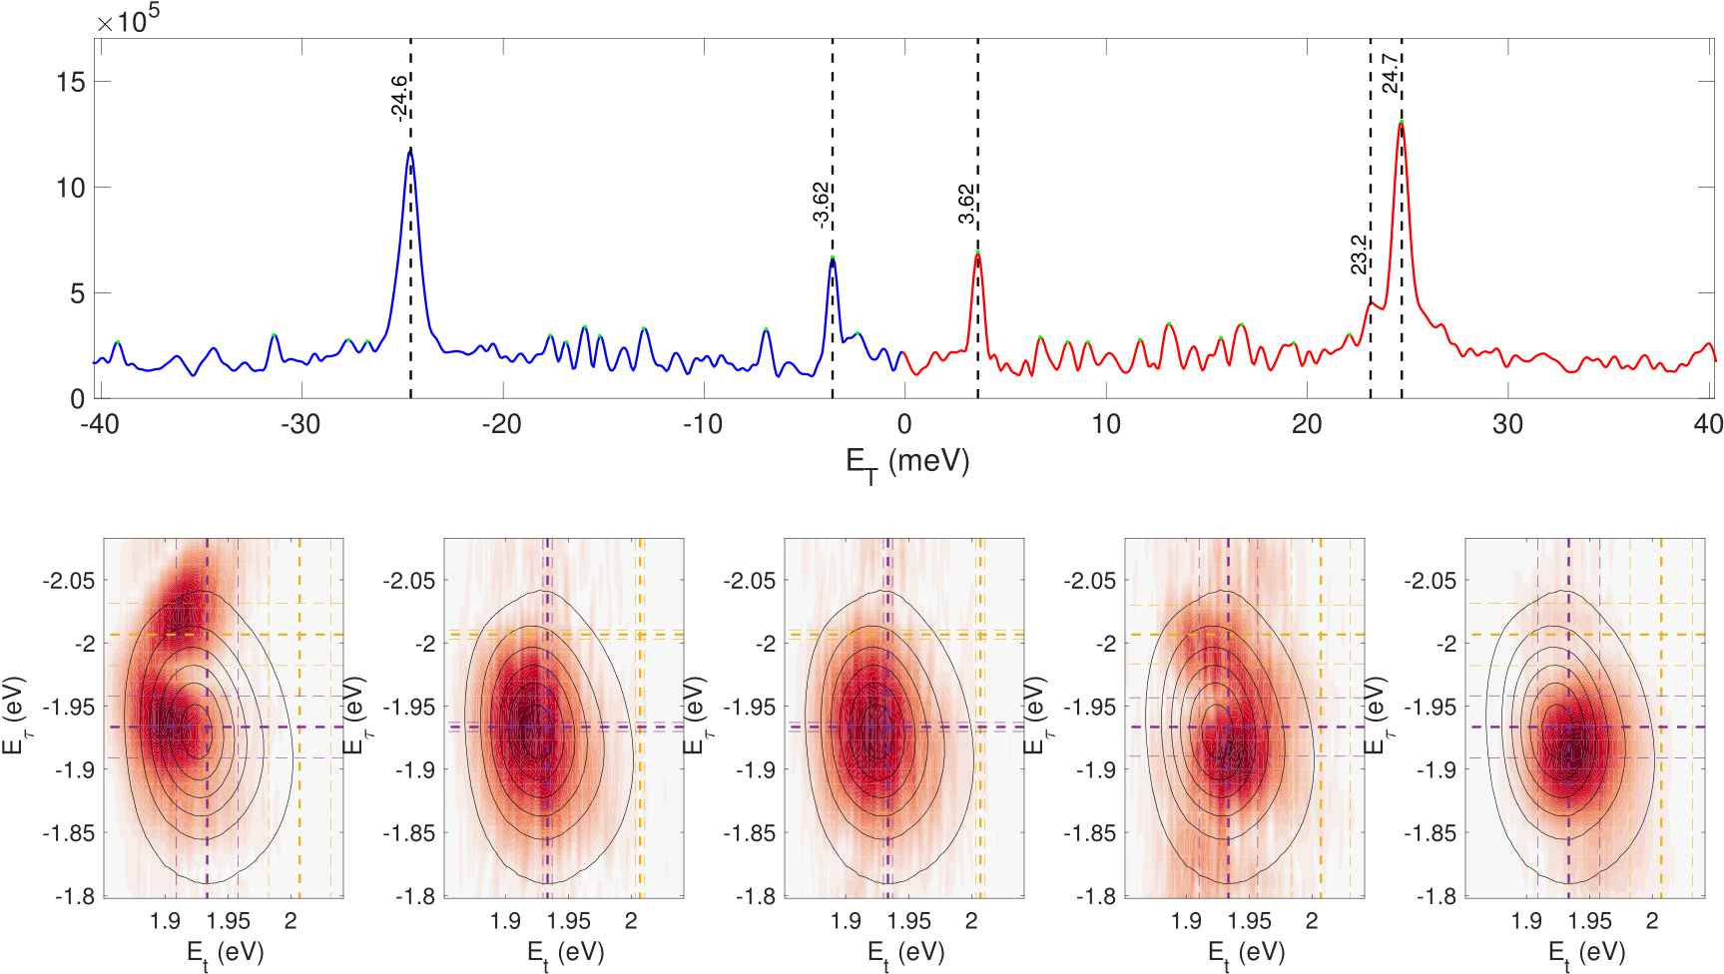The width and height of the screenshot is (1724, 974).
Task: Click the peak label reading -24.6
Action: point(398,98)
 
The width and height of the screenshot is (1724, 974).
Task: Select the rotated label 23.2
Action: point(1359,254)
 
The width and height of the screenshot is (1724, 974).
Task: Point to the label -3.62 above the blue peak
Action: point(821,205)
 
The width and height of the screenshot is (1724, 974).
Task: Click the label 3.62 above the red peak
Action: point(966,204)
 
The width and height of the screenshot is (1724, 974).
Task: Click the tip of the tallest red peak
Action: point(1402,122)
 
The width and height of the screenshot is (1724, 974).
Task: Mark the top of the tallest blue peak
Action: point(409,151)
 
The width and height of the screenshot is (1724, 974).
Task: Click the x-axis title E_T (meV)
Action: point(907,463)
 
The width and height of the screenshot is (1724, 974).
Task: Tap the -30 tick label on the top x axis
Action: point(299,424)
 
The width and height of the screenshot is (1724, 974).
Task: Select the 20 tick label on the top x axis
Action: point(1307,424)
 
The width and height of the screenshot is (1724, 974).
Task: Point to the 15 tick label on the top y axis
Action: point(70,82)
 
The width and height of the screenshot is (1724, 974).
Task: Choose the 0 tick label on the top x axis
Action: point(904,424)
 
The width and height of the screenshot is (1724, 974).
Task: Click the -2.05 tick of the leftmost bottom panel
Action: point(69,581)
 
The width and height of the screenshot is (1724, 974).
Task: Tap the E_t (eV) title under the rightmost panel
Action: point(1586,953)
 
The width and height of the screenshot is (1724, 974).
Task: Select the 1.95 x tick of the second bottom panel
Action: point(569,921)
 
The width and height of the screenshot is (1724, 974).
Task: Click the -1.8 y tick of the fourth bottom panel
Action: point(1096,896)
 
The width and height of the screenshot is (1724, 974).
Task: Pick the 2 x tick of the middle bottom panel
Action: point(971,921)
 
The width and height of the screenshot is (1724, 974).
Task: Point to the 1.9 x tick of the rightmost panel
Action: point(1526,921)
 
